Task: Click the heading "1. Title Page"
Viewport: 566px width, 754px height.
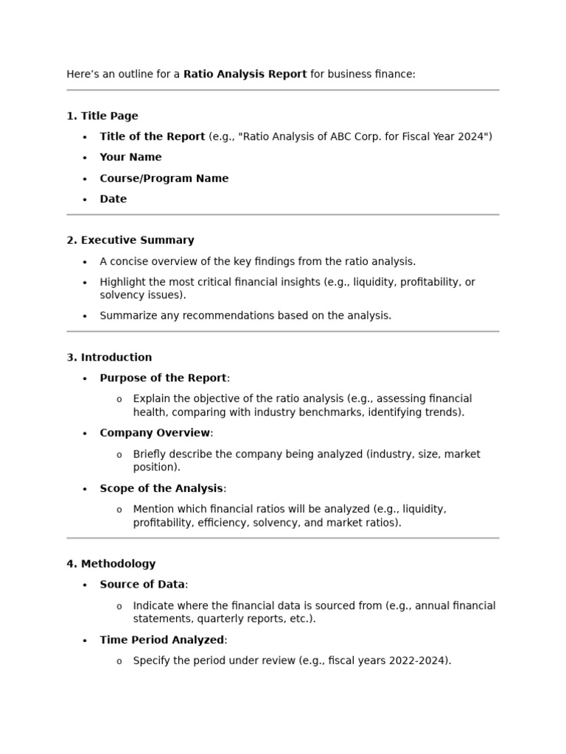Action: click(102, 116)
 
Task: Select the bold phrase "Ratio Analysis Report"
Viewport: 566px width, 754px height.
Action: click(245, 74)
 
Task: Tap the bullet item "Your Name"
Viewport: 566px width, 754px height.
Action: click(130, 157)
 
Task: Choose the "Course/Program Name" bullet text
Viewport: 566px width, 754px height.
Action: click(164, 178)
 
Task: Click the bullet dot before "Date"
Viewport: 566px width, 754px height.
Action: click(85, 200)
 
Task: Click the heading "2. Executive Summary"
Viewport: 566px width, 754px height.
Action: click(130, 240)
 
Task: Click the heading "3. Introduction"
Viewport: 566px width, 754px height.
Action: click(109, 357)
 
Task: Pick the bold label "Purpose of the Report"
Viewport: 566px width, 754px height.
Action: click(163, 378)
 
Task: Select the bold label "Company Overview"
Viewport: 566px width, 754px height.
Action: click(155, 433)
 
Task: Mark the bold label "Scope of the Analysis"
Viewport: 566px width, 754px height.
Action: click(161, 488)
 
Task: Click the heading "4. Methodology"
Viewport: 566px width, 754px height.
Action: click(111, 564)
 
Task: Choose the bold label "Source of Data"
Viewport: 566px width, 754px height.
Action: click(142, 585)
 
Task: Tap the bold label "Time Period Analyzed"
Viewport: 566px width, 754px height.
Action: click(161, 640)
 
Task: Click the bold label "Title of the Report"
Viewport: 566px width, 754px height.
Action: click(152, 136)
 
